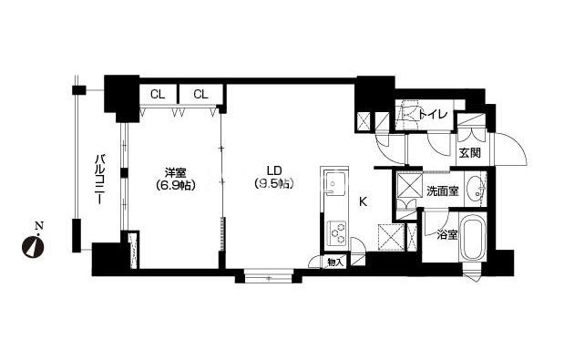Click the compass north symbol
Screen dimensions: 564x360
[x=33, y=243]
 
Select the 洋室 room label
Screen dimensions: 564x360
[x=175, y=173]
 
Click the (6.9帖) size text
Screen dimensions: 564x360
[x=176, y=185]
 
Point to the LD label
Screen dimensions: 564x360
[x=274, y=170]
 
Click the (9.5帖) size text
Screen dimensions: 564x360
[x=274, y=183]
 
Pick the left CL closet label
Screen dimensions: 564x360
[x=158, y=95]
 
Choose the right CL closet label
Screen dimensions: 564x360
[x=200, y=95]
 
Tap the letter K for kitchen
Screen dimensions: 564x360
[x=364, y=201]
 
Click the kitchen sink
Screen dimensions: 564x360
[x=334, y=183]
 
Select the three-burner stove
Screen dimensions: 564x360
[x=337, y=233]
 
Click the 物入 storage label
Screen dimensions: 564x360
[x=336, y=262]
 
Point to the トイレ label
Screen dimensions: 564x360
[x=433, y=114]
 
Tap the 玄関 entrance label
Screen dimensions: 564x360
[x=470, y=153]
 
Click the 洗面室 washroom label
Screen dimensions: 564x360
[x=443, y=191]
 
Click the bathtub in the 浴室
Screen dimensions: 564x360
[x=473, y=238]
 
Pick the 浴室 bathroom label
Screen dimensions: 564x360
[x=447, y=235]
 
